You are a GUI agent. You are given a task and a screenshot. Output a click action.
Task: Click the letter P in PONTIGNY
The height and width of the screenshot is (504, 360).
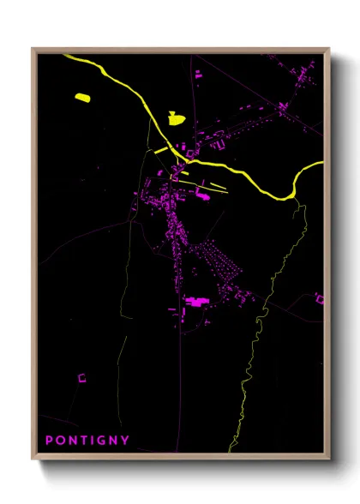pyautogui.click(x=49, y=441)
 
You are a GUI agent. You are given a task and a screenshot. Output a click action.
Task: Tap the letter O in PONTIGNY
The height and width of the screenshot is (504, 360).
pyautogui.click(x=61, y=441)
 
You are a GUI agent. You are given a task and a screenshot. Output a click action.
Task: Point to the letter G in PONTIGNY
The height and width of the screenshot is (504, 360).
pyautogui.click(x=102, y=441)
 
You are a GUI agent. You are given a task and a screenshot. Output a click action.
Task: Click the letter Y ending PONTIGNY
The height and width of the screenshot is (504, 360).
pyautogui.click(x=126, y=441)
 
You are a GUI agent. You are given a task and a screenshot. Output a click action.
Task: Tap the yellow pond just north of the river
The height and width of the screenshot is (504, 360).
pyautogui.click(x=176, y=117)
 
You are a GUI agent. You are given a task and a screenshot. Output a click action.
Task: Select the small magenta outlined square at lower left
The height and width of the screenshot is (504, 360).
pyautogui.click(x=82, y=376)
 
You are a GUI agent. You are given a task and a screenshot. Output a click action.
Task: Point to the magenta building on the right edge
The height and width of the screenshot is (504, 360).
pyautogui.click(x=320, y=298)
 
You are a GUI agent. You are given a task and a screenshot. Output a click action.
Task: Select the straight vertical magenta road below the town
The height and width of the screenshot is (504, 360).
pyautogui.click(x=180, y=377)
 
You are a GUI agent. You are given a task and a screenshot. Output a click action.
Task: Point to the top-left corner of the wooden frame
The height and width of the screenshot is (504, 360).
pyautogui.click(x=33, y=49)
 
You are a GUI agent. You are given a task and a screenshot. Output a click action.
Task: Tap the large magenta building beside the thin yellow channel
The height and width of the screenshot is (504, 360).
pyautogui.click(x=204, y=196)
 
